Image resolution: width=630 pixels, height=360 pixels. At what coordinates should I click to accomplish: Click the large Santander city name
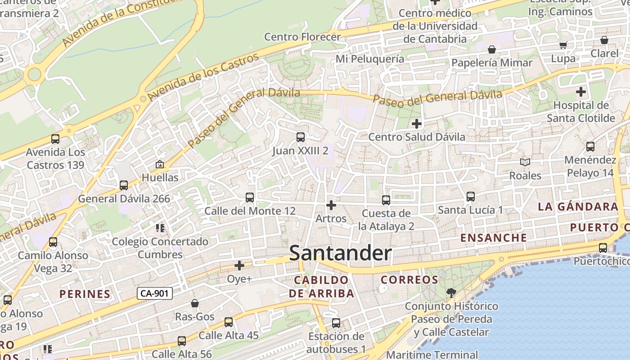(x=340, y=253)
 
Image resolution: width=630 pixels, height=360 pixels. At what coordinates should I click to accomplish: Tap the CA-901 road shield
(x=154, y=293)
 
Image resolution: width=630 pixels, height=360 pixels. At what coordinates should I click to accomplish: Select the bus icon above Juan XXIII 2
(x=300, y=137)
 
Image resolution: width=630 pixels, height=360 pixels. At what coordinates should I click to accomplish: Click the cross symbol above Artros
(x=331, y=205)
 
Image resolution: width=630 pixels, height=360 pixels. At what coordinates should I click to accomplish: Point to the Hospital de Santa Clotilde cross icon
(x=581, y=92)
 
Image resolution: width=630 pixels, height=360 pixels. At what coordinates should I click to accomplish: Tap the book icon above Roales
(x=525, y=162)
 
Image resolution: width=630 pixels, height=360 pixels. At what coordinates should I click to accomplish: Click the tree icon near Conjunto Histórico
(x=451, y=293)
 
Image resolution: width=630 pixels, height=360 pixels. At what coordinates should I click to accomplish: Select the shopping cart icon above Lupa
(x=563, y=45)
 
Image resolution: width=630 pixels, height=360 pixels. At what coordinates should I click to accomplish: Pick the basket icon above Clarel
(x=604, y=40)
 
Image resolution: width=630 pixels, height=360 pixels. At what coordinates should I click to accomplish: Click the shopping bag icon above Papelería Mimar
(x=492, y=49)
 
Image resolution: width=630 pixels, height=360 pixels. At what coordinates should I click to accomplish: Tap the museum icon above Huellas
(x=159, y=164)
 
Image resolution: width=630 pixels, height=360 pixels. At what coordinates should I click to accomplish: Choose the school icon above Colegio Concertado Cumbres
(x=160, y=228)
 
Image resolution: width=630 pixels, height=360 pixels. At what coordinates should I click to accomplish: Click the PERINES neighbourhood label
(x=85, y=294)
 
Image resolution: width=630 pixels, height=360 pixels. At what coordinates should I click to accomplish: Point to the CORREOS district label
(x=409, y=280)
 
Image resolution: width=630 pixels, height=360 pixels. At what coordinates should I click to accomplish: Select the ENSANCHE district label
(x=494, y=238)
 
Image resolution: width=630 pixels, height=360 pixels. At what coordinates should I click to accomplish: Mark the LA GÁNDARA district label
(x=578, y=207)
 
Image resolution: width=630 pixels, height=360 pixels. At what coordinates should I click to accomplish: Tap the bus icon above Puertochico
(x=603, y=247)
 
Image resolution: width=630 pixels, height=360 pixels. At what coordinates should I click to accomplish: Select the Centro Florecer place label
(x=302, y=36)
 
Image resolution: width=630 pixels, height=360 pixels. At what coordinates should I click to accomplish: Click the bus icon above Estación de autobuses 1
(x=336, y=323)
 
